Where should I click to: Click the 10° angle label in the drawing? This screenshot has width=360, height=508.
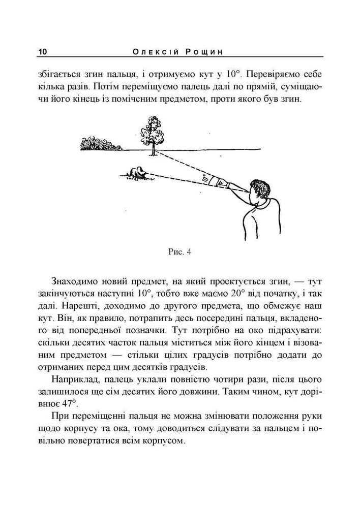[204, 178]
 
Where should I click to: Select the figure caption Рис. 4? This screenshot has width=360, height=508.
[179, 251]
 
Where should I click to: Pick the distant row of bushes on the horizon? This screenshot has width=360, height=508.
[99, 144]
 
